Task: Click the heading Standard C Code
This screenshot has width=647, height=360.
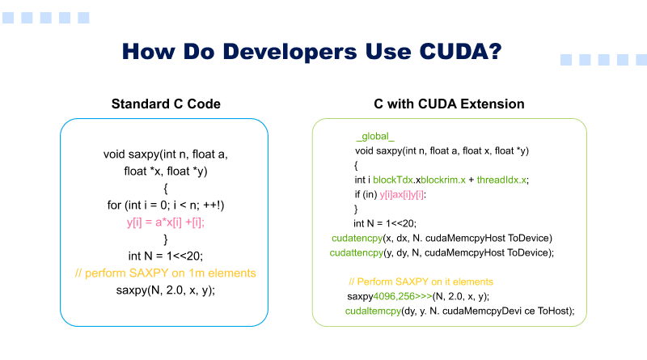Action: tap(165, 104)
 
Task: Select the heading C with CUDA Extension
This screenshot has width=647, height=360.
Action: tap(449, 104)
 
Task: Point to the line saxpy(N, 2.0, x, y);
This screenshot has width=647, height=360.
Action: tap(166, 290)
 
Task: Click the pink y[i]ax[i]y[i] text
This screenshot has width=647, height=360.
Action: tap(402, 195)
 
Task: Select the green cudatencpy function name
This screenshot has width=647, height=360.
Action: tap(360, 238)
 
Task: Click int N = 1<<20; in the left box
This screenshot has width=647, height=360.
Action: tap(166, 256)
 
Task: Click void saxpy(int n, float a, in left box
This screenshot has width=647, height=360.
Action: tap(165, 154)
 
